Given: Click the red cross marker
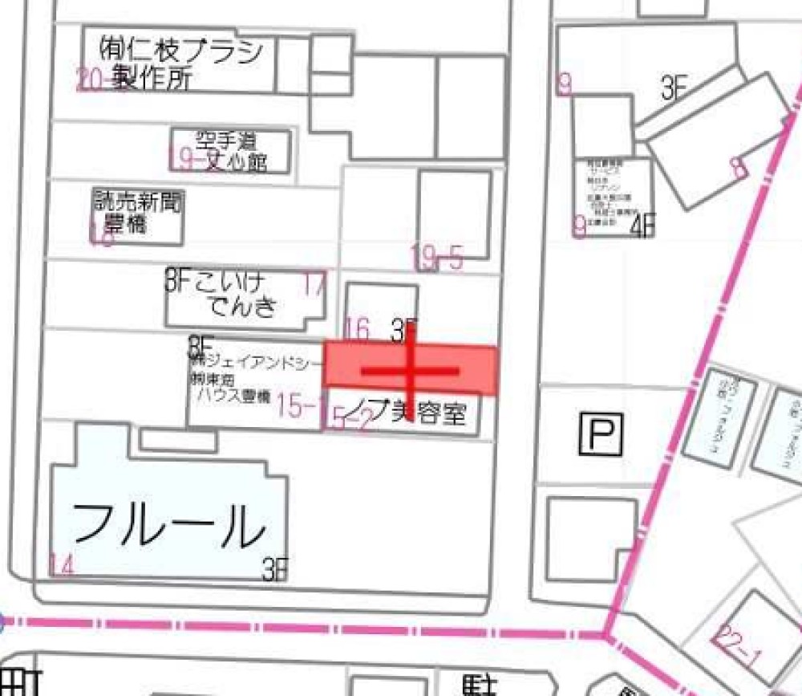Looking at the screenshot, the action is (x=410, y=371).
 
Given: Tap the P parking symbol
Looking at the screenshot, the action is (x=601, y=437).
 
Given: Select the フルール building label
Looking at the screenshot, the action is (x=168, y=526).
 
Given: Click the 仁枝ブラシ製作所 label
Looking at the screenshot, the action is (x=180, y=64).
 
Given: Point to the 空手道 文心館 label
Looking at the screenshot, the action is (x=232, y=152).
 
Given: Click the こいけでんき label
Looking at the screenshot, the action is (x=233, y=294).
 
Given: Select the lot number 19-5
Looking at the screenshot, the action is (x=437, y=258).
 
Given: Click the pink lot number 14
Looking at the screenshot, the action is (x=62, y=566).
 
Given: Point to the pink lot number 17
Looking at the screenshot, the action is (x=314, y=284).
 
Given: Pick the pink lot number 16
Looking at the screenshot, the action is (x=357, y=328).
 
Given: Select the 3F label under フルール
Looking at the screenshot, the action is (x=274, y=569).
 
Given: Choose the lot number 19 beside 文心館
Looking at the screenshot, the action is (x=182, y=160).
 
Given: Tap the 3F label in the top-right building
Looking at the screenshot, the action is (x=674, y=89).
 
